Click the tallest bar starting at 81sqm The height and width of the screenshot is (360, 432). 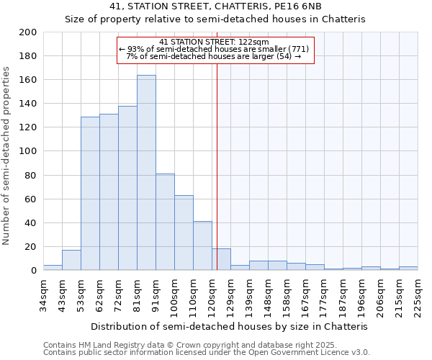(146, 173)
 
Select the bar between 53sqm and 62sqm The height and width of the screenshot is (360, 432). (90, 193)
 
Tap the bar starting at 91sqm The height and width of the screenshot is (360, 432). (165, 222)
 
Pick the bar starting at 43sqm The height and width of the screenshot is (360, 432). (71, 260)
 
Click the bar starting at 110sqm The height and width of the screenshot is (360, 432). (202, 246)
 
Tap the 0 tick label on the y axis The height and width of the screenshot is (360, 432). (33, 271)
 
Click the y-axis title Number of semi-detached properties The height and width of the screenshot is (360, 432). (7, 155)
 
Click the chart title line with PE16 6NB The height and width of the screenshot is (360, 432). (215, 6)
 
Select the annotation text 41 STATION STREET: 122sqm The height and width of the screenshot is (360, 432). (214, 42)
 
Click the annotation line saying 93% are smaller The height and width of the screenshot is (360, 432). (214, 49)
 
